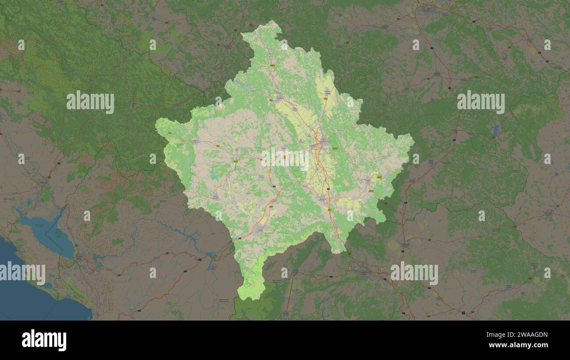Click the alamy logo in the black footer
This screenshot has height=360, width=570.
(x=44, y=340)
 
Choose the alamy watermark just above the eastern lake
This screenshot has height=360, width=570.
(x=481, y=102)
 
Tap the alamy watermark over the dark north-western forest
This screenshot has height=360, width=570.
(x=90, y=102)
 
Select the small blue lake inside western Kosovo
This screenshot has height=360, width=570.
(x=213, y=175)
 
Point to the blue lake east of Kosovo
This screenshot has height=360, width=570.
(x=495, y=130)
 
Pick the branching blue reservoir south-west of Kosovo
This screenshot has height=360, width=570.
(x=193, y=237)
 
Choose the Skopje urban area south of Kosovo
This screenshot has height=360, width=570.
(x=364, y=267)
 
